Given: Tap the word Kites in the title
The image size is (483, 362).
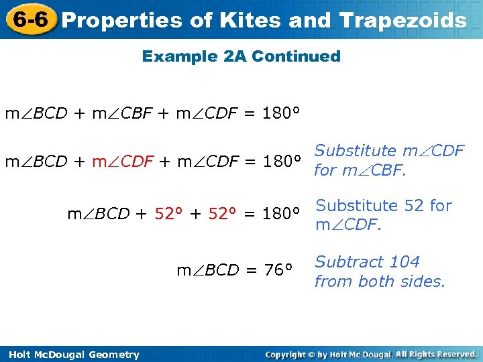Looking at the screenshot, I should [244, 20].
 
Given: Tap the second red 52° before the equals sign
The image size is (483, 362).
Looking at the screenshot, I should [222, 214].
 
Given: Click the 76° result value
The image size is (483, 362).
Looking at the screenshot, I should [278, 270].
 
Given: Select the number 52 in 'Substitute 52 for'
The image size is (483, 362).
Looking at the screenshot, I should [414, 206].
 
